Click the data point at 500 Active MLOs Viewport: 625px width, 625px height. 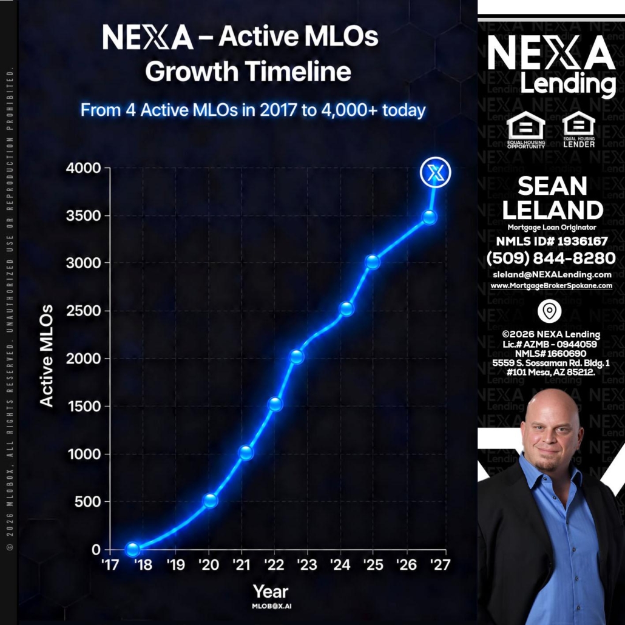pyautogui.click(x=210, y=500)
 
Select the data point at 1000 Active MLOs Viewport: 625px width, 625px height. pyautogui.click(x=246, y=453)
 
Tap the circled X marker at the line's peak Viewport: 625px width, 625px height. pyautogui.click(x=435, y=172)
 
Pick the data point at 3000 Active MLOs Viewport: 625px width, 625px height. pyautogui.click(x=373, y=262)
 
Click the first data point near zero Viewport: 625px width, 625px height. pyautogui.click(x=132, y=549)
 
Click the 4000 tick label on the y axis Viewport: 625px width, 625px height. pyautogui.click(x=84, y=168)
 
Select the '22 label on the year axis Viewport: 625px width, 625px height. pyautogui.click(x=274, y=564)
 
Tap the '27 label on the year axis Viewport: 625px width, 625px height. pyautogui.click(x=440, y=564)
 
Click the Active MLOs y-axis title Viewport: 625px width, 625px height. pyautogui.click(x=46, y=356)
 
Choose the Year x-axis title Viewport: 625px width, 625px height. pyautogui.click(x=270, y=592)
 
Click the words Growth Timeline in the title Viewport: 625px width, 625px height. pyautogui.click(x=248, y=72)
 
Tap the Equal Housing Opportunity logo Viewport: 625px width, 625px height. pyautogui.click(x=525, y=130)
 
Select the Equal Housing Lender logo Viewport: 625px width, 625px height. pyautogui.click(x=579, y=129)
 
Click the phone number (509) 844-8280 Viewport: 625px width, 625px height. pyautogui.click(x=551, y=258)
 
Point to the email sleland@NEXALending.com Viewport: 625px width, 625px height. pyautogui.click(x=552, y=274)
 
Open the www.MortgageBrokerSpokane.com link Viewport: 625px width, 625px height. pyautogui.click(x=551, y=285)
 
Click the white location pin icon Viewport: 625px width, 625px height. pyautogui.click(x=549, y=311)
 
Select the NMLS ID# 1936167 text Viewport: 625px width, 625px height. pyautogui.click(x=552, y=241)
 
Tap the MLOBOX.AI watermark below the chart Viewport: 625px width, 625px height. pyautogui.click(x=271, y=606)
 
